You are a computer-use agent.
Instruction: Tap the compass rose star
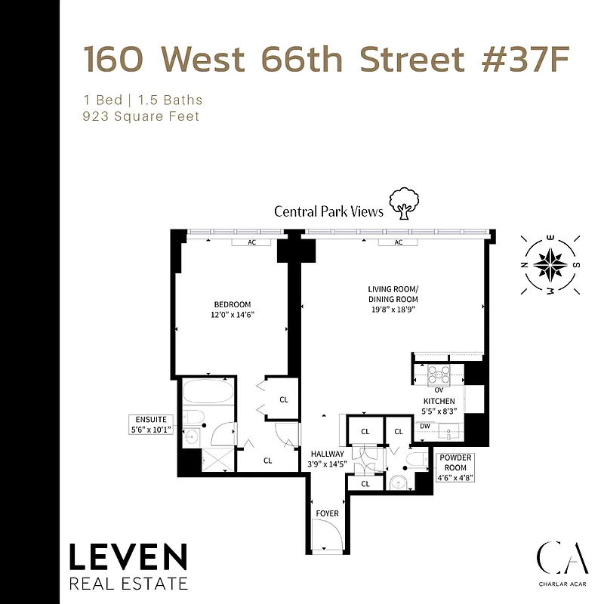(550, 264)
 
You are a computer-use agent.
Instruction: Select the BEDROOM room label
(231, 305)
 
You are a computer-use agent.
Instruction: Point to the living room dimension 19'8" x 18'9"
(393, 310)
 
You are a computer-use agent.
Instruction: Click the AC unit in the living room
(399, 242)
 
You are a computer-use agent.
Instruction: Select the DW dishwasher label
(424, 427)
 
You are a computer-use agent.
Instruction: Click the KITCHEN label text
(438, 401)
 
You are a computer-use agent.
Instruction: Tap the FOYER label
(327, 513)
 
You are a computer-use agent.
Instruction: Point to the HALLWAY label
(327, 454)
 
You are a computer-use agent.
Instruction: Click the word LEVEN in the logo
(128, 559)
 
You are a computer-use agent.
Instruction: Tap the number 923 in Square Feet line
(97, 116)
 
